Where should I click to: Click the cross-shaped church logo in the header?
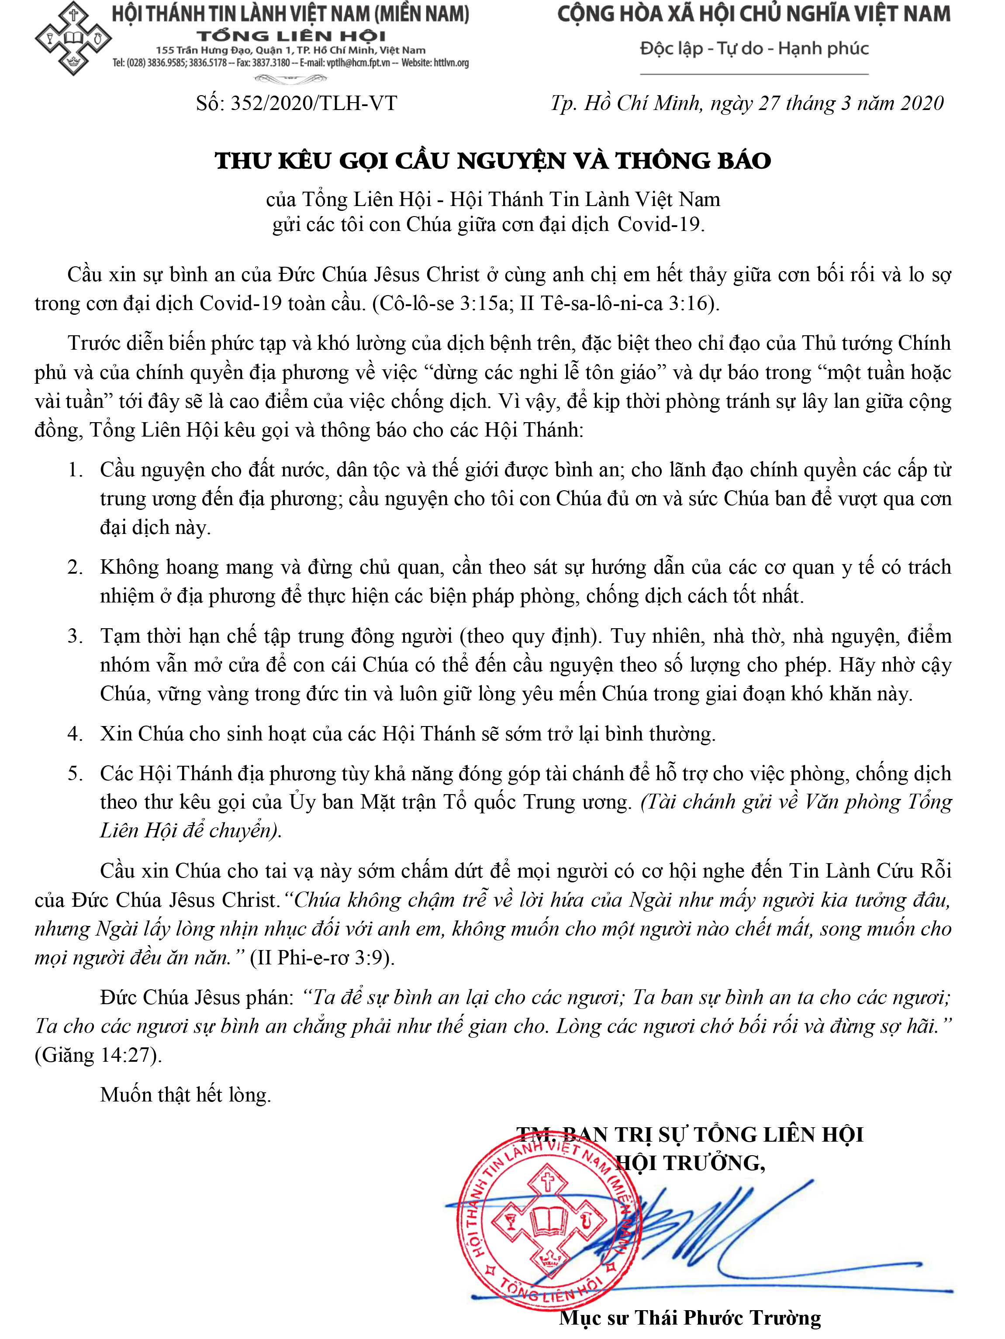73,40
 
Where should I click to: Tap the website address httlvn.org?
451,63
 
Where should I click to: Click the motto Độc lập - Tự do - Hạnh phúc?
754,48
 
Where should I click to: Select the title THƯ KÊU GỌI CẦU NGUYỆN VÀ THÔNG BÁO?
493,161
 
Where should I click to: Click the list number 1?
75,470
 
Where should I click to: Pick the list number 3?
75,636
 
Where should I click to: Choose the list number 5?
75,774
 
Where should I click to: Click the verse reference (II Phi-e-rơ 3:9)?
322,957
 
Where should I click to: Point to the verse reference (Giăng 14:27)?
98,1055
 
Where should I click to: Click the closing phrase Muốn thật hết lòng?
185,1095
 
